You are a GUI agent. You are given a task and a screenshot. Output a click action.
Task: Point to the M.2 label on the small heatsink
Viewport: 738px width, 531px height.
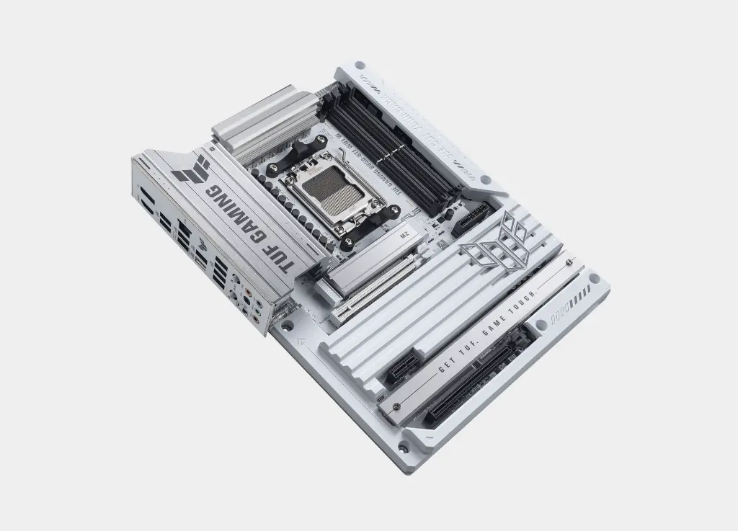click(404, 235)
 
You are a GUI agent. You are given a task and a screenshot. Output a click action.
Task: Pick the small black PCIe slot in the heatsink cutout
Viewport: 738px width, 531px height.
click(406, 365)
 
